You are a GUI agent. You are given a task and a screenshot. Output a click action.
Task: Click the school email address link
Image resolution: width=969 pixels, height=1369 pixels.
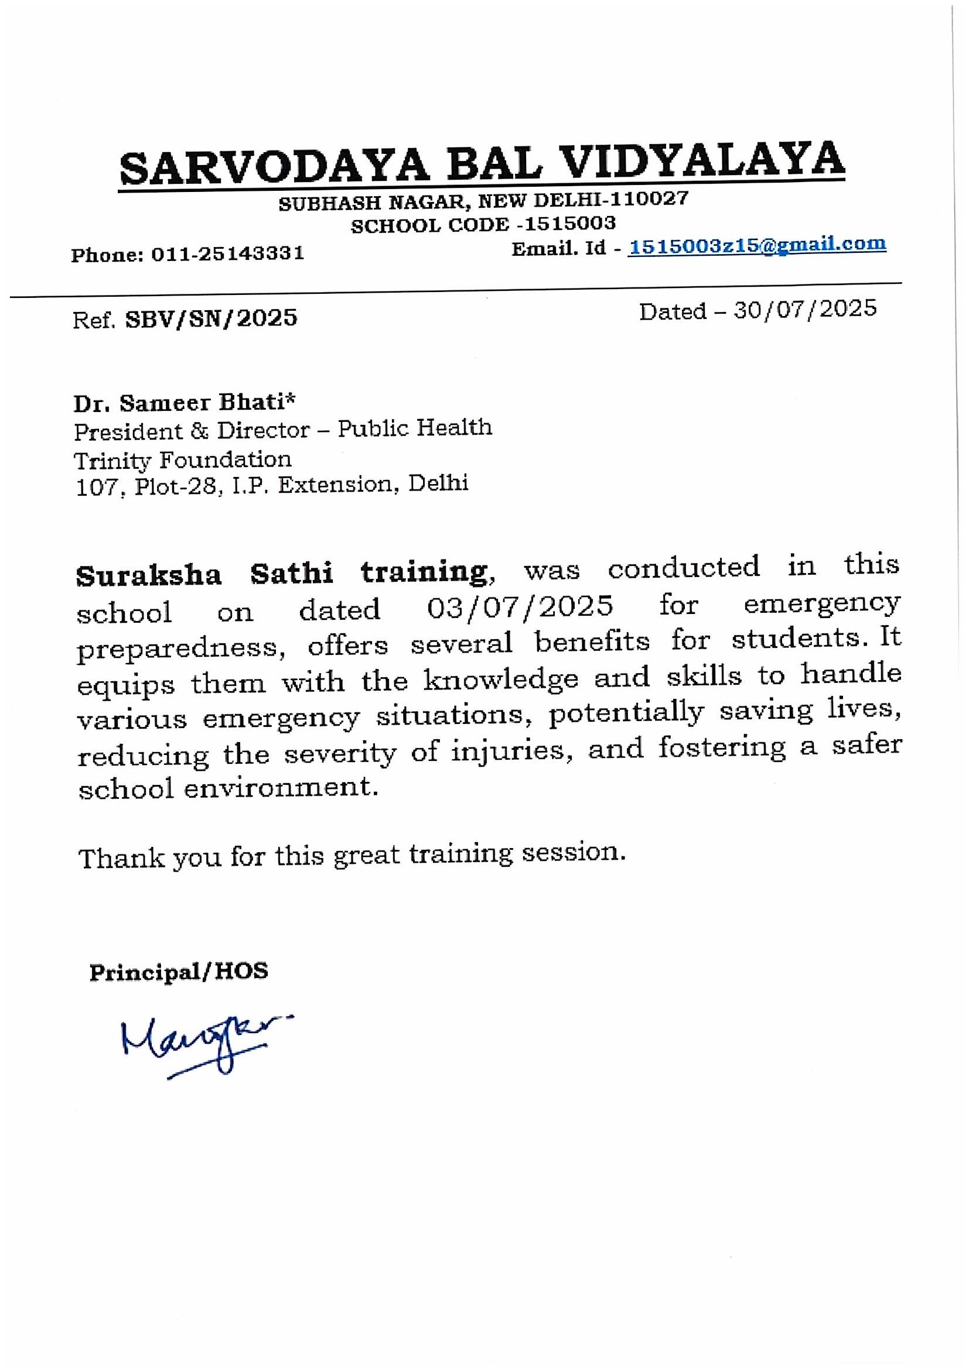click(758, 245)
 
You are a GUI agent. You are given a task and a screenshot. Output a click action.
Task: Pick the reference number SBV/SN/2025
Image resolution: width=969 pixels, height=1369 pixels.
click(211, 318)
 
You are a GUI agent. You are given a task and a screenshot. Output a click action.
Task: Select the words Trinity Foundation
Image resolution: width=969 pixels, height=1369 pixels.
click(183, 459)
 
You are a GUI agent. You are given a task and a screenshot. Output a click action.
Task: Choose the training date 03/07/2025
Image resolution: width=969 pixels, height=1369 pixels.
click(520, 606)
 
